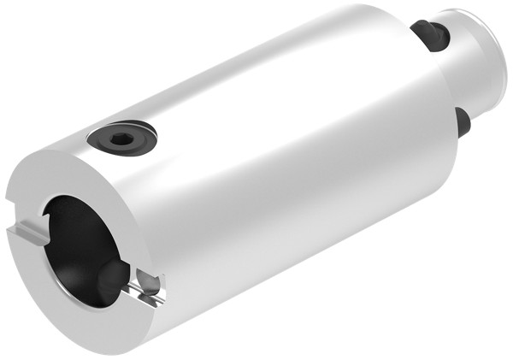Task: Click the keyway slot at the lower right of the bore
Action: point(147,287)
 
